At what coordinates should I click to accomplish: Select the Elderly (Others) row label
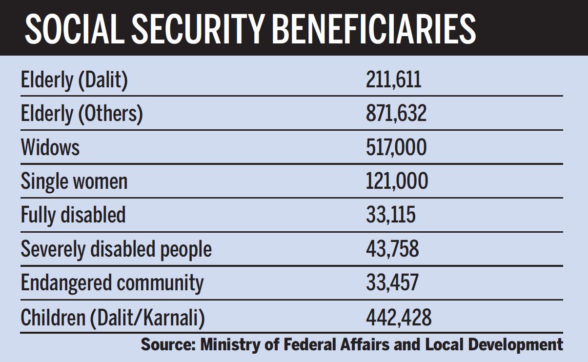81,114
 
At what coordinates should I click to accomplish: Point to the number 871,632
396,114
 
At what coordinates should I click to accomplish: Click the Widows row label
50,147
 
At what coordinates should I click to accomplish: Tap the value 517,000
396,147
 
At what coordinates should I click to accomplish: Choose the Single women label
74,181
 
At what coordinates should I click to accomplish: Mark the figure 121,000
397,181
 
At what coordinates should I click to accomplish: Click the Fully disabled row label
73,215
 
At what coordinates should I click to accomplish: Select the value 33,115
391,215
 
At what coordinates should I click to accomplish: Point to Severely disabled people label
116,249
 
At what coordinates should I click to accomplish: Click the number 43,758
392,249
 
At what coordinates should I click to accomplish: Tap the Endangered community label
112,283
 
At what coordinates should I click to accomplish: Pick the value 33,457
392,283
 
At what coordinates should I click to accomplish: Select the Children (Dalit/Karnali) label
113,317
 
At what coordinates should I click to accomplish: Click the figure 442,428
399,317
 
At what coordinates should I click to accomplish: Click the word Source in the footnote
166,344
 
